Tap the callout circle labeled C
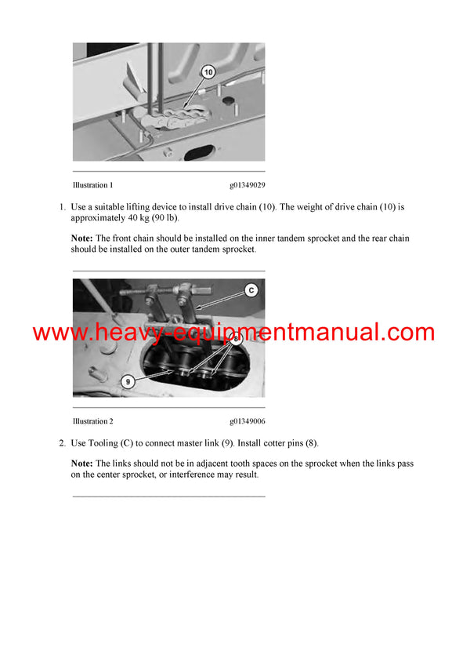(x=251, y=290)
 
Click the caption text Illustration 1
(x=92, y=186)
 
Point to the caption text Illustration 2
(x=92, y=422)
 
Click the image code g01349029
(x=247, y=186)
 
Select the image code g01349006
(x=247, y=422)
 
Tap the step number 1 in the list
(x=62, y=207)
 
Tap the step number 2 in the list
(x=62, y=443)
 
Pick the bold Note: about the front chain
(x=82, y=238)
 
